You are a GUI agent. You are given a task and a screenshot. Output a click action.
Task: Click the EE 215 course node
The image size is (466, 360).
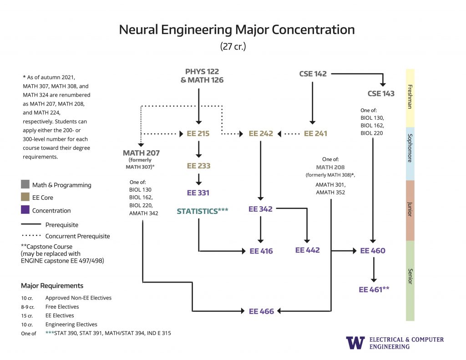click(x=198, y=134)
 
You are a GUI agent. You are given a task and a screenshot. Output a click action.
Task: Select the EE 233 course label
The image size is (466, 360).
click(x=198, y=166)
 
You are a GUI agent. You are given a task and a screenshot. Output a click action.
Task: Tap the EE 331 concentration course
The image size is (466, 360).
click(x=198, y=193)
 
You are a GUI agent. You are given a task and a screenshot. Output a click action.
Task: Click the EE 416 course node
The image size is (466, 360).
click(x=261, y=251)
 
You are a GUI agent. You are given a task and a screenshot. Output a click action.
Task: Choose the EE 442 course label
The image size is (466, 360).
click(x=307, y=250)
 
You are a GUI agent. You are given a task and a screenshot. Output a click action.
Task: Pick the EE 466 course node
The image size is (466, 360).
click(x=261, y=311)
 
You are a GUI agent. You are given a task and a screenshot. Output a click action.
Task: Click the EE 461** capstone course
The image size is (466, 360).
click(x=374, y=289)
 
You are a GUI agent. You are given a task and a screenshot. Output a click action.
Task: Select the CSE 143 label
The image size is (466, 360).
click(x=381, y=94)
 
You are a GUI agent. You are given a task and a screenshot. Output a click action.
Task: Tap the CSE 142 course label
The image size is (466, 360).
click(x=313, y=74)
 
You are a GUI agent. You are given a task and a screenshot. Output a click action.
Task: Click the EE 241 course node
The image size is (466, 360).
click(x=315, y=134)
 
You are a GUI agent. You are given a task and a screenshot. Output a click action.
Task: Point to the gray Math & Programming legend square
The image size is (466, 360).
click(x=25, y=185)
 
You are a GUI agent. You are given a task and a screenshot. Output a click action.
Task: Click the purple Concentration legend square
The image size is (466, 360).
click(x=25, y=210)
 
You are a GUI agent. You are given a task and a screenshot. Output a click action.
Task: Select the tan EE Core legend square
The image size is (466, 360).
click(x=25, y=198)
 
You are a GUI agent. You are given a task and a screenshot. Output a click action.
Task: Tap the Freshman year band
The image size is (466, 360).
click(x=410, y=97)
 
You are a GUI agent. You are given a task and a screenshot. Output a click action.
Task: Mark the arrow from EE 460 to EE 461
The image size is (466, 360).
click(x=374, y=270)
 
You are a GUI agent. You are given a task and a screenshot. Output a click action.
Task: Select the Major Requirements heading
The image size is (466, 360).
click(x=52, y=286)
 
